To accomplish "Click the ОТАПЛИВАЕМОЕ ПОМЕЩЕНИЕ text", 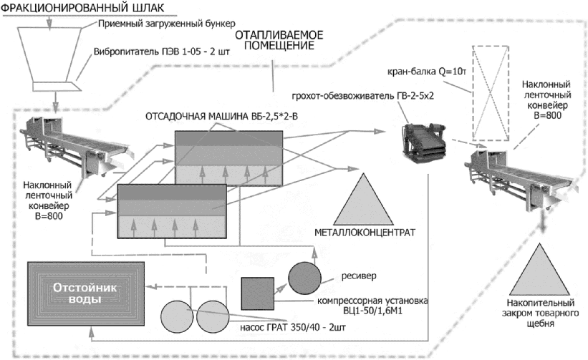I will (x=277, y=40).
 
